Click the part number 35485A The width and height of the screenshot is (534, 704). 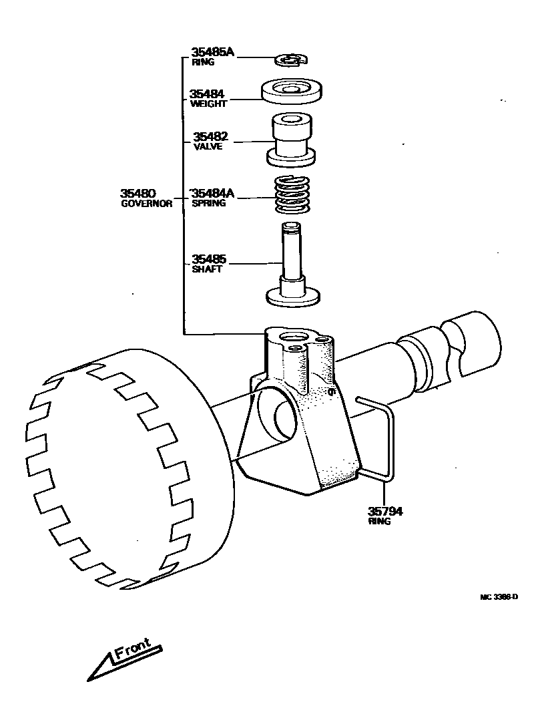pyautogui.click(x=213, y=51)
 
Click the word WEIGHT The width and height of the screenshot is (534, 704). pyautogui.click(x=208, y=104)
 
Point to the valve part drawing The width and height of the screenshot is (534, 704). pyautogui.click(x=291, y=141)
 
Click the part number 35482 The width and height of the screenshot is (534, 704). pyautogui.click(x=210, y=137)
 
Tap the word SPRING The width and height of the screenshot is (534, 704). pyautogui.click(x=209, y=203)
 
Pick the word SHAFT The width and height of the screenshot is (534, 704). pyautogui.click(x=206, y=269)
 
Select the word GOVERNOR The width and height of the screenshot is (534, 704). pyautogui.click(x=146, y=204)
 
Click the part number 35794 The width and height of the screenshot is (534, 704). pyautogui.click(x=386, y=512)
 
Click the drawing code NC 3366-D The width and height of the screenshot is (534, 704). pyautogui.click(x=498, y=598)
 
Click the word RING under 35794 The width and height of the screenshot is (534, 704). pyautogui.click(x=379, y=522)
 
